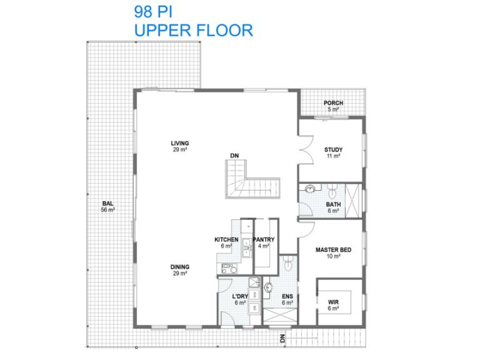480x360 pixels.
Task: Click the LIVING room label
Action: (x=179, y=143)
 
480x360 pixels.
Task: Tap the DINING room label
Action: (x=179, y=267)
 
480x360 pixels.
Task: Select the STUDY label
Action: (x=333, y=150)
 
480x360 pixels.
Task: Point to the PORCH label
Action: (x=333, y=103)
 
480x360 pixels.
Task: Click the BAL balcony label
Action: (x=108, y=203)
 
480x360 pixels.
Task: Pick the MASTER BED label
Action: (x=333, y=250)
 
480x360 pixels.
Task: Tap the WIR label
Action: (x=333, y=302)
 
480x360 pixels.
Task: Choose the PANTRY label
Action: (x=264, y=240)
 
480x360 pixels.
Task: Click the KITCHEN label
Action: (x=226, y=240)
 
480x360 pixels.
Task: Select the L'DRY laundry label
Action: (x=240, y=296)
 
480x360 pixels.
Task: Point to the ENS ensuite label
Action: (x=287, y=296)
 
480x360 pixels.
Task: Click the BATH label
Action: (x=333, y=204)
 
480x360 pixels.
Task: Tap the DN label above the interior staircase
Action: (x=234, y=156)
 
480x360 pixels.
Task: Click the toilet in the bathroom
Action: (x=332, y=191)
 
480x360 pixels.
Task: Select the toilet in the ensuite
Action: (x=289, y=263)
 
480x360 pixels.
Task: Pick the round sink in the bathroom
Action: (x=310, y=189)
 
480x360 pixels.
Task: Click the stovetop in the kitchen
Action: (x=230, y=269)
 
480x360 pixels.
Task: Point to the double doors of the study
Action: (x=306, y=150)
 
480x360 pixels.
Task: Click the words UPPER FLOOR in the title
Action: (x=194, y=30)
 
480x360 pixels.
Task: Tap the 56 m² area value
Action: (x=108, y=210)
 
